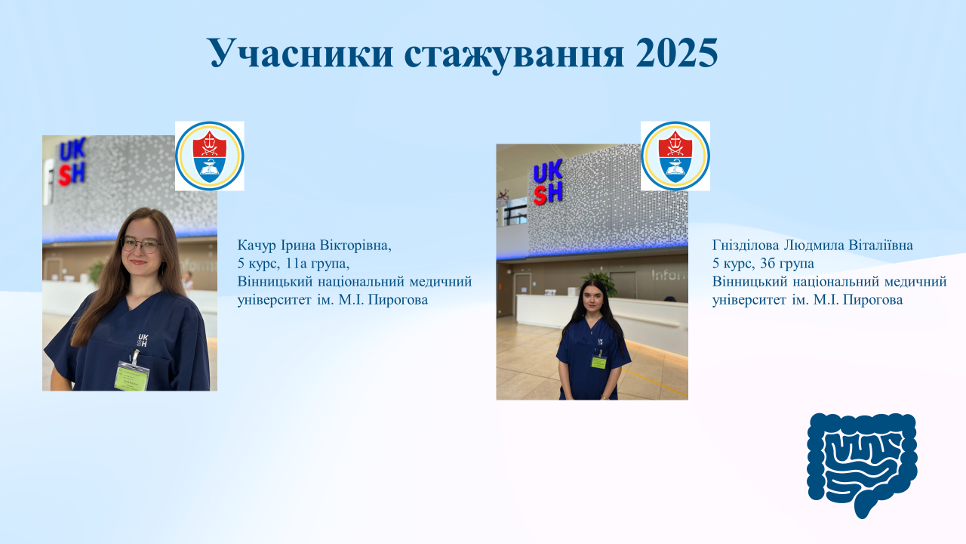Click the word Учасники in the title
301,53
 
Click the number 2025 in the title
677,53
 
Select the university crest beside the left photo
210,156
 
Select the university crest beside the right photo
675,156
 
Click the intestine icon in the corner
862,465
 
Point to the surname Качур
257,246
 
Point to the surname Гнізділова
746,246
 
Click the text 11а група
318,264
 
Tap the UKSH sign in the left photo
72,162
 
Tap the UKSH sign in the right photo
548,181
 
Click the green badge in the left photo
131,375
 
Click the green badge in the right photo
598,361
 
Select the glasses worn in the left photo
140,245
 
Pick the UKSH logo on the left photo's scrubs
143,340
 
